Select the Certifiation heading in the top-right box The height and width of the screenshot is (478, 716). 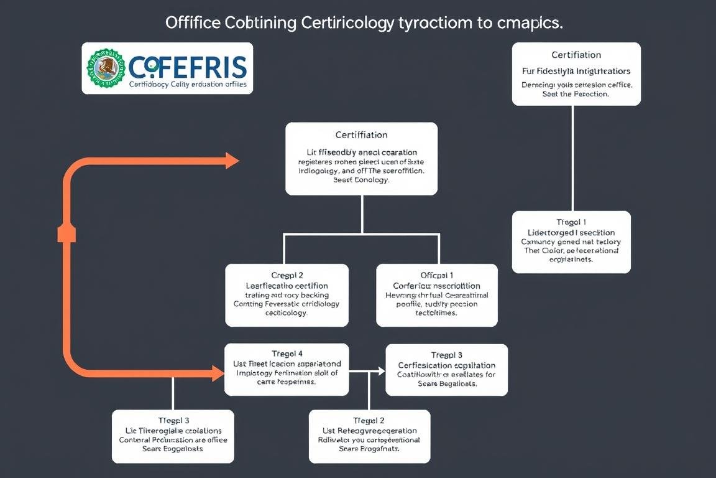576,55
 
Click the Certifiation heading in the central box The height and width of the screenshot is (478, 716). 361,134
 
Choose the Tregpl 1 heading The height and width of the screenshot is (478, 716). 571,222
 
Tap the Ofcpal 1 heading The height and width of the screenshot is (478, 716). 436,274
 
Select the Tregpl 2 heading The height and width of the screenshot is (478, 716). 369,420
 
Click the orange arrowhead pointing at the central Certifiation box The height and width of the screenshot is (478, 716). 232,161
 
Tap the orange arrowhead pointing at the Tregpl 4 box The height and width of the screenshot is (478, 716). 218,373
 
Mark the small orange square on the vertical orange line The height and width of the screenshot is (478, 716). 67,233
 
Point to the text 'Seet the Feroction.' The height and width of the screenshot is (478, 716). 576,95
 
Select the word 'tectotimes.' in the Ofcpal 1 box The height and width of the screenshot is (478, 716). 436,313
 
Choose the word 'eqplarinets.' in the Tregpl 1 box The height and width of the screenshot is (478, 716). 571,260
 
